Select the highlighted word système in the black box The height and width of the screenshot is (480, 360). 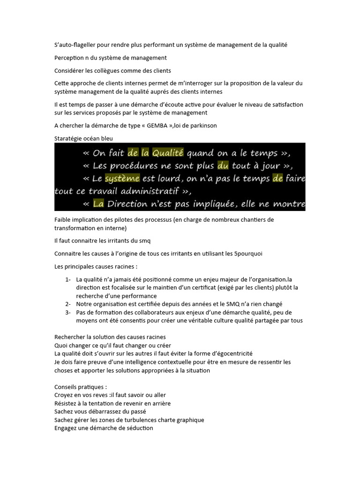click(122, 179)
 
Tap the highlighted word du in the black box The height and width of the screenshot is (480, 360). click(222, 165)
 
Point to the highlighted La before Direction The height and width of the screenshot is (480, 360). click(98, 204)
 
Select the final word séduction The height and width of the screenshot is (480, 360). click(139, 428)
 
